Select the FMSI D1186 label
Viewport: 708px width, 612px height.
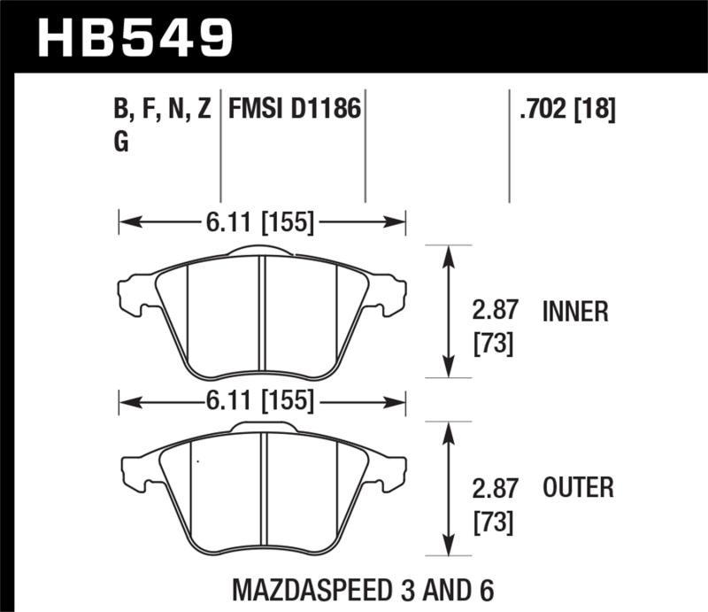click(x=294, y=111)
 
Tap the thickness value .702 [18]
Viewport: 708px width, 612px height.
click(x=562, y=111)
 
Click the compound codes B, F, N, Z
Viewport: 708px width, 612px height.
click(x=162, y=111)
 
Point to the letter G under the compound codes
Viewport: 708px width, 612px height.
click(x=121, y=143)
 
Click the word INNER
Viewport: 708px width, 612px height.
click(x=575, y=312)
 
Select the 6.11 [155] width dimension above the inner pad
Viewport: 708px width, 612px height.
click(x=263, y=223)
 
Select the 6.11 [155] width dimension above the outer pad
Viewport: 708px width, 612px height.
click(x=263, y=402)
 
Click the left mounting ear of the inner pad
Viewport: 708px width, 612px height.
click(x=135, y=294)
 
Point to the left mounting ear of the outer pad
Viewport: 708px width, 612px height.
click(x=135, y=469)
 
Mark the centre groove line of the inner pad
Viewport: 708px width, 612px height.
click(x=262, y=314)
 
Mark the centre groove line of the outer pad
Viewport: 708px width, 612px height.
click(x=262, y=492)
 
